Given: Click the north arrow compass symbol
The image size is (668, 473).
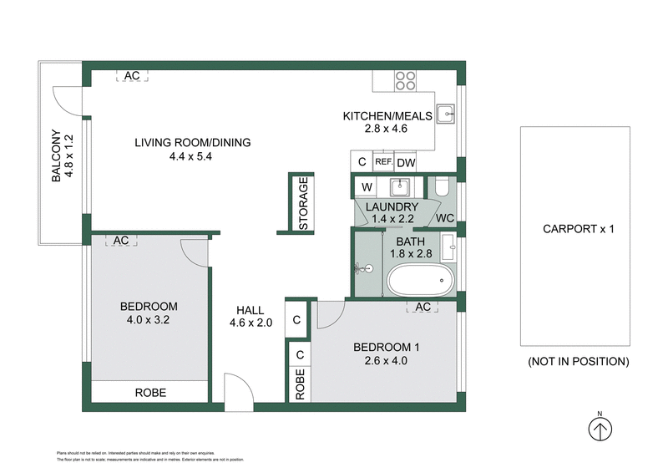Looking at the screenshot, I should click(600, 429).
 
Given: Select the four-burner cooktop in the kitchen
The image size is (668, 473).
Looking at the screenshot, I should click(405, 79).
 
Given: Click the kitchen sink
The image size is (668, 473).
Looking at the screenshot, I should click(447, 112).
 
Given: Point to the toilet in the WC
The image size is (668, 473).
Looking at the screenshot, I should click(442, 187).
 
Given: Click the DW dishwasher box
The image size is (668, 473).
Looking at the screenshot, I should click(406, 162).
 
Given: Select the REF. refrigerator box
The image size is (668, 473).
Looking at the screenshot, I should click(383, 162).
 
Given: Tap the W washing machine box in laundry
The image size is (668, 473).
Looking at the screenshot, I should click(367, 186).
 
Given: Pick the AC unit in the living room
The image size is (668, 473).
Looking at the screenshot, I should click(131, 75).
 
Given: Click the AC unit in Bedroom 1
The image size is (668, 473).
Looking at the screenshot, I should click(423, 307).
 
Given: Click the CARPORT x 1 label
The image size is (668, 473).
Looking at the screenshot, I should click(578, 228).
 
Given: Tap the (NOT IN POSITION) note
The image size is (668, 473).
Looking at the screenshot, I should click(578, 362).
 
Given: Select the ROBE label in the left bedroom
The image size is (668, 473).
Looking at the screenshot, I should click(151, 392).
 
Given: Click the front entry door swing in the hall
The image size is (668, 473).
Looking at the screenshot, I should click(238, 391).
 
